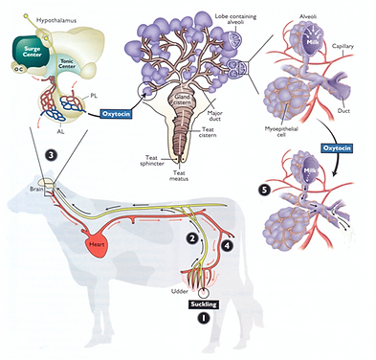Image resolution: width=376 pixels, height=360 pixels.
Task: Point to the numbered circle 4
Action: tap(227, 246)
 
